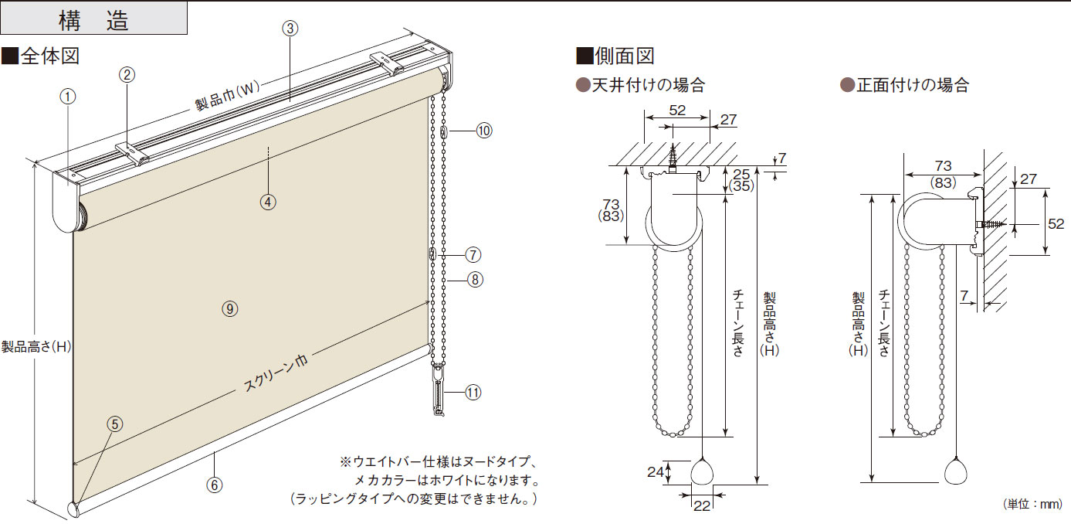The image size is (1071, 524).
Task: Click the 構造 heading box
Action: pyautogui.click(x=93, y=19)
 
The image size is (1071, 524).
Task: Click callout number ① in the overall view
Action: pyautogui.click(x=68, y=97)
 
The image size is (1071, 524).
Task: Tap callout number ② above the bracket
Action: pyautogui.click(x=127, y=74)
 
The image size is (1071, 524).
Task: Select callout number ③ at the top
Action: pyautogui.click(x=290, y=29)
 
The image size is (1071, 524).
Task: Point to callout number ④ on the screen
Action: pyautogui.click(x=267, y=202)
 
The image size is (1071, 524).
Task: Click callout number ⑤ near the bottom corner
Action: pyautogui.click(x=114, y=424)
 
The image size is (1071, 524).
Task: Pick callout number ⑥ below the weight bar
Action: pyautogui.click(x=215, y=485)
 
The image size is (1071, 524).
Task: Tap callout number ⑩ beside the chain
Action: pyautogui.click(x=483, y=131)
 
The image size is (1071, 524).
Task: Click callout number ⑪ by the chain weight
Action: pyautogui.click(x=473, y=393)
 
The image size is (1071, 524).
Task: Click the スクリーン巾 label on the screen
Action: pyautogui.click(x=276, y=373)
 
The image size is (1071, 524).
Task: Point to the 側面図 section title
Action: pyautogui.click(x=615, y=56)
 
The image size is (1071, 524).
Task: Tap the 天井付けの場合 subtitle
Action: pyautogui.click(x=641, y=85)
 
